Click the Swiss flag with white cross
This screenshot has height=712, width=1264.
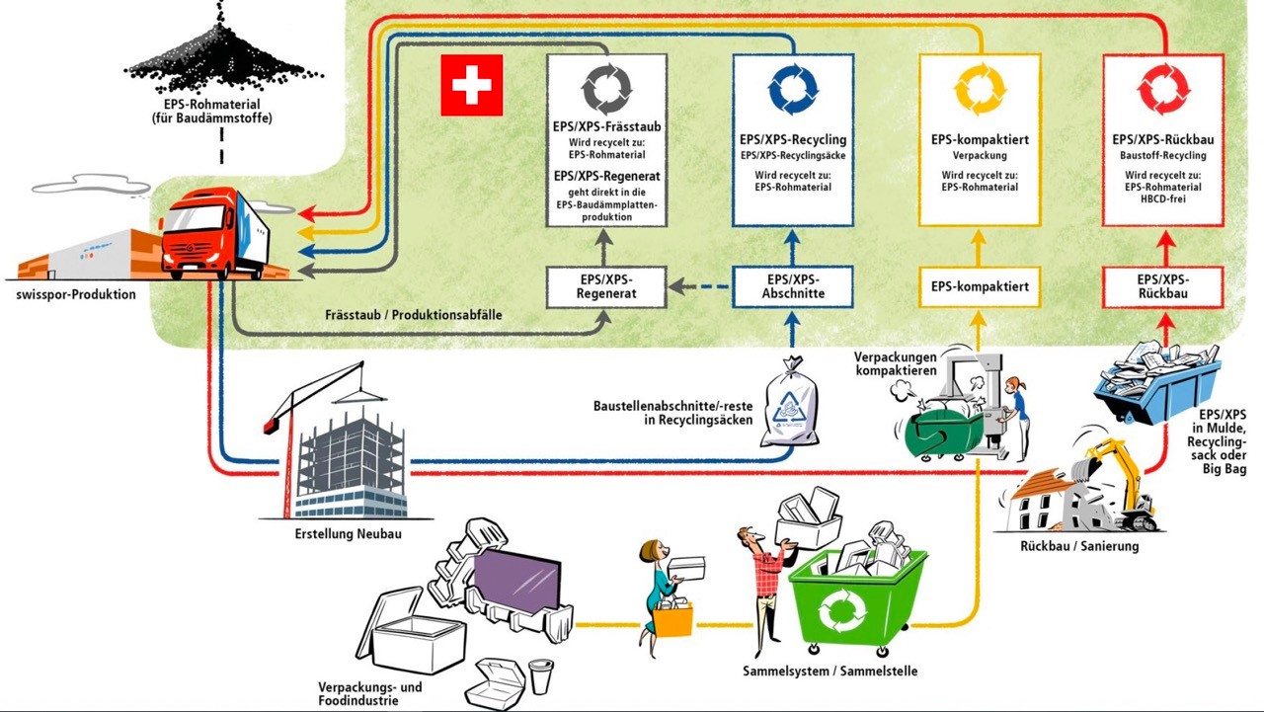(x=472, y=85)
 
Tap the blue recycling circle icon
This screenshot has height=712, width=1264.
(x=793, y=89)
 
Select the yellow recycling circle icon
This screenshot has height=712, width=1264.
(x=980, y=89)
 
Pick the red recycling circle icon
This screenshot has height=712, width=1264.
(x=1163, y=89)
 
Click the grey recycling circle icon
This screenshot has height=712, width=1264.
(x=606, y=89)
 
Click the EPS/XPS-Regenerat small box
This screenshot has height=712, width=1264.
(x=606, y=286)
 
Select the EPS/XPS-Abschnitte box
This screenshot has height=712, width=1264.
(x=793, y=286)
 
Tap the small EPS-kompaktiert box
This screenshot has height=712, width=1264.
(x=980, y=286)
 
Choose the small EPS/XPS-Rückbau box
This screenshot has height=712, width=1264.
(x=1163, y=286)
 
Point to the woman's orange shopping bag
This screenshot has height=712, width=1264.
(x=672, y=620)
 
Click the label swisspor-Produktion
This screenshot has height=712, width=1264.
(x=76, y=294)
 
